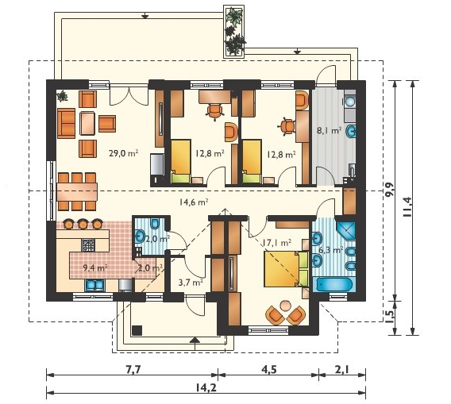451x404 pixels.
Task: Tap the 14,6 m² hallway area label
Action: (194, 202)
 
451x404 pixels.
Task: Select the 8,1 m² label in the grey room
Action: (329, 131)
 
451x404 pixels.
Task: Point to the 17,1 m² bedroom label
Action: (276, 243)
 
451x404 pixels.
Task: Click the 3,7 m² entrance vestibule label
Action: (191, 283)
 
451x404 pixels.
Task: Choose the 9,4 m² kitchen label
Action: (95, 268)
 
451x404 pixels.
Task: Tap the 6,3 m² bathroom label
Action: (330, 250)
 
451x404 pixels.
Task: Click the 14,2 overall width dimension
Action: (206, 388)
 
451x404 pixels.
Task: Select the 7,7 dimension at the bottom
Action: (133, 370)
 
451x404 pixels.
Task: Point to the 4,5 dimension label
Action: (268, 370)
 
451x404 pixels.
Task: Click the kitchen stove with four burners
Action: (88, 245)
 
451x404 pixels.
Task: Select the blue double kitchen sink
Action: (94, 285)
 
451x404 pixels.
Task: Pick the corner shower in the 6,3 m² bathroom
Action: (346, 230)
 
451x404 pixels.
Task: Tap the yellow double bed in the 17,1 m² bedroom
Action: (286, 269)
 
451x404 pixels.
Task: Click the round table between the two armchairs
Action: (286, 306)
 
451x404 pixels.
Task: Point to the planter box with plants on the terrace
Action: (234, 32)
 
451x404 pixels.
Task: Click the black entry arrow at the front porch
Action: (195, 340)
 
